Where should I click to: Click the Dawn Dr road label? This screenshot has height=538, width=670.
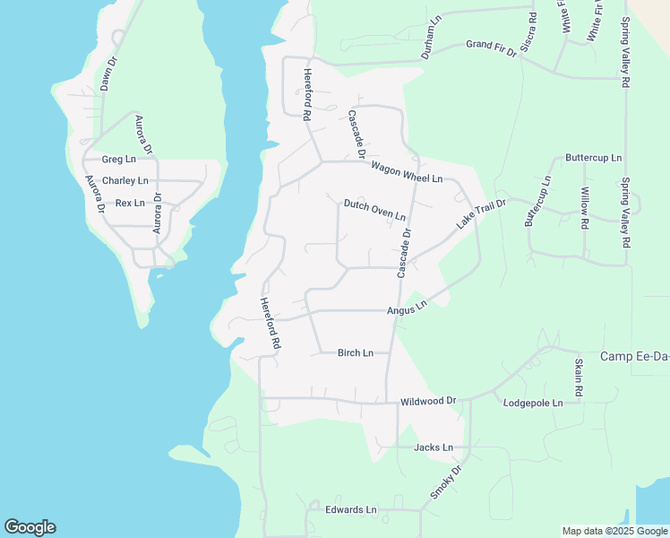pos(109,74)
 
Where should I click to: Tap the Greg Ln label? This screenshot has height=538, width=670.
pos(118,160)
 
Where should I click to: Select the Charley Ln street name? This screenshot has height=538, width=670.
pos(125,181)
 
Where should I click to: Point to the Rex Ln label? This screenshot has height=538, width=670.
pos(130,203)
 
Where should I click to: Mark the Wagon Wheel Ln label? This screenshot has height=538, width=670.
pos(407,173)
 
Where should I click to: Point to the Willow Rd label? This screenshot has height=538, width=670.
pos(584,209)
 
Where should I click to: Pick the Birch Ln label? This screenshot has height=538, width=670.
pos(356,353)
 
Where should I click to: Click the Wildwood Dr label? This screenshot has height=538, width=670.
pos(428,401)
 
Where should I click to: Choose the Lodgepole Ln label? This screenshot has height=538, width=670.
pos(533,403)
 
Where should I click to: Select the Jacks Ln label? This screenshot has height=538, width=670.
pos(434,447)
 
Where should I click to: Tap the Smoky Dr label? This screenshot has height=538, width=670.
pos(444,482)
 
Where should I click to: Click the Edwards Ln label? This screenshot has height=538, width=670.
pos(351,510)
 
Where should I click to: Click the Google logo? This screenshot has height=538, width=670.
pos(30,527)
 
